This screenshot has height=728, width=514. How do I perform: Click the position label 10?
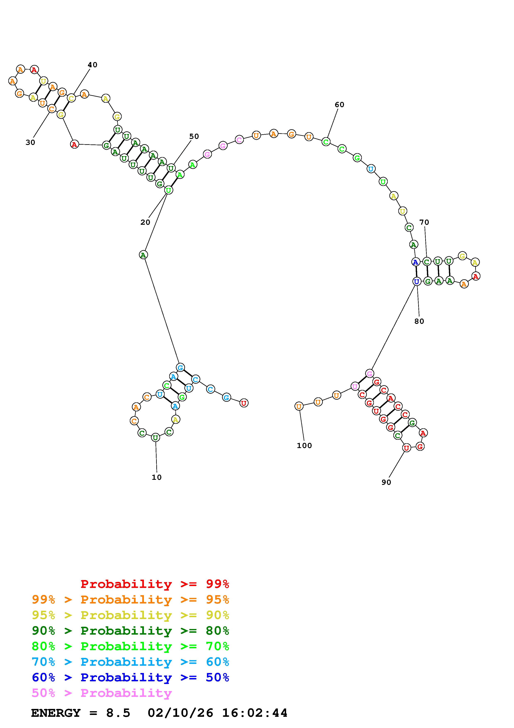pyautogui.click(x=157, y=477)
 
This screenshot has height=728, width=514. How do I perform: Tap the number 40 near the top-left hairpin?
pyautogui.click(x=92, y=65)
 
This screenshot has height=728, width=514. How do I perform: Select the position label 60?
pyautogui.click(x=339, y=105)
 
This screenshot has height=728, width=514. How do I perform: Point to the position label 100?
pyautogui.click(x=304, y=446)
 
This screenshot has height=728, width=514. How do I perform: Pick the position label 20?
pyautogui.click(x=145, y=222)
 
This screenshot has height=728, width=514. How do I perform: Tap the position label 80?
pyautogui.click(x=419, y=321)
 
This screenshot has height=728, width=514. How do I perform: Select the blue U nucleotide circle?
pyautogui.click(x=417, y=281)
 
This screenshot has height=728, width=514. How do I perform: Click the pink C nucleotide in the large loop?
pyautogui.click(x=239, y=139)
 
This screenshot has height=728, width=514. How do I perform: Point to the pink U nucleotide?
pyautogui.click(x=355, y=386)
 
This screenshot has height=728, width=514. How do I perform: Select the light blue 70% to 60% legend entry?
pyautogui.click(x=130, y=662)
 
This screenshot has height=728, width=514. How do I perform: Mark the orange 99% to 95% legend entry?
pyautogui.click(x=130, y=600)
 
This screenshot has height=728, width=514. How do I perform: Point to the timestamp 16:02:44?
pyautogui.click(x=255, y=713)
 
